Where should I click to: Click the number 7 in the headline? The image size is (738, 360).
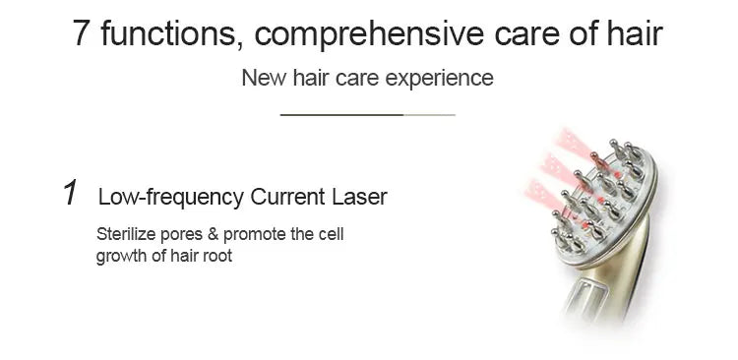[82, 32]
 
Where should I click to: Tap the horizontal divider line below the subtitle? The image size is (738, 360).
[368, 115]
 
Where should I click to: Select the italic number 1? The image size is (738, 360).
[70, 194]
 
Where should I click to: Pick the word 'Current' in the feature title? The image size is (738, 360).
[286, 197]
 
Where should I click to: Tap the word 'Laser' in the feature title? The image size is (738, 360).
[359, 197]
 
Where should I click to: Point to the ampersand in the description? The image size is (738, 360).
[212, 235]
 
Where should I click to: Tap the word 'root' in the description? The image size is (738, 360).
[216, 257]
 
